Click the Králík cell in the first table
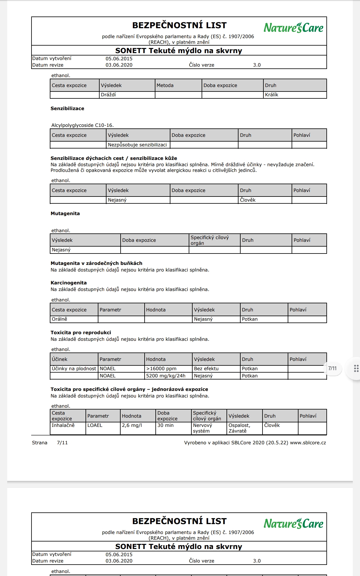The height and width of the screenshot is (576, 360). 271,95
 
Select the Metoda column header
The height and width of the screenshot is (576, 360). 165,85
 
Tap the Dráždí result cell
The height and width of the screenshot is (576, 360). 108,95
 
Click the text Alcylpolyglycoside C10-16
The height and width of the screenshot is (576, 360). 82,125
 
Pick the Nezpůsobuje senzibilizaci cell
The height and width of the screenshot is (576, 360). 137,145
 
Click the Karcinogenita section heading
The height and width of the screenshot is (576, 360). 68,283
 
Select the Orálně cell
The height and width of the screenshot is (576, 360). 59,319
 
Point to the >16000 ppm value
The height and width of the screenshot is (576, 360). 161,369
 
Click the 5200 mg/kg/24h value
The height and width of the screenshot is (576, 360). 166,376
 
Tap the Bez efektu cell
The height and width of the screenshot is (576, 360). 206,369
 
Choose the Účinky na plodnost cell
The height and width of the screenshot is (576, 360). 74,369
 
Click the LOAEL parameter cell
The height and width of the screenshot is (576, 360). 95,425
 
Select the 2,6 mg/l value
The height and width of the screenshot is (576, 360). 132,425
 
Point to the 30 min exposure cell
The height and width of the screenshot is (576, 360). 165,425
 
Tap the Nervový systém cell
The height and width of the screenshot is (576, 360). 202,428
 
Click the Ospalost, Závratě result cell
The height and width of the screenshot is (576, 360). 239,428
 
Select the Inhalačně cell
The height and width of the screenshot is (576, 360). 63,425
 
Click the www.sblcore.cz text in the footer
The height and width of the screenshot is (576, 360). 308,443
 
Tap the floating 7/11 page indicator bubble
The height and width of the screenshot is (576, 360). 332,368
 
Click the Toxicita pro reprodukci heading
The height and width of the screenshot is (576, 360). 81,333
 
